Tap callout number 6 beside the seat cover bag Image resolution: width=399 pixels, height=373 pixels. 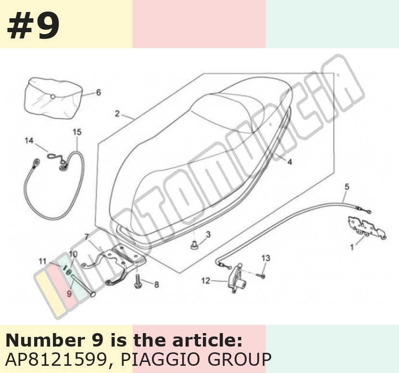(x=99, y=92)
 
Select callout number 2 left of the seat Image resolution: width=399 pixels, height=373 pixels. (x=117, y=113)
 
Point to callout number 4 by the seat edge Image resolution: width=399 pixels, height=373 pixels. (x=289, y=162)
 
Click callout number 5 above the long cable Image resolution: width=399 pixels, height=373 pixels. (x=347, y=187)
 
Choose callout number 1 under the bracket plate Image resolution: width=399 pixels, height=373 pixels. (x=352, y=247)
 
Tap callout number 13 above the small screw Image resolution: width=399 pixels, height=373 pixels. (x=266, y=258)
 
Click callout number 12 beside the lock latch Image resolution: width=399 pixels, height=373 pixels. (x=206, y=281)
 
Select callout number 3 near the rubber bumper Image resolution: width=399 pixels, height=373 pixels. (x=208, y=234)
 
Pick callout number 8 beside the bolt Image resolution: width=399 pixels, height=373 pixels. (x=157, y=284)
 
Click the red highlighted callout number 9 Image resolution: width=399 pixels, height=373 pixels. (x=69, y=293)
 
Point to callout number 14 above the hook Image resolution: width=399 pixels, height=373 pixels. (x=29, y=140)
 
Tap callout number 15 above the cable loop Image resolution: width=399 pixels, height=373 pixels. (x=77, y=132)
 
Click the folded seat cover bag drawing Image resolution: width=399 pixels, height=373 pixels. (x=53, y=99)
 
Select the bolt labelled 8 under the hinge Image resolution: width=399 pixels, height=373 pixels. (x=138, y=281)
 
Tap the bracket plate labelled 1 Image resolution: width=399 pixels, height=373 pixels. (x=367, y=227)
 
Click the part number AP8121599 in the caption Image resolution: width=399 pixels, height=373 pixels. (x=56, y=360)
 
